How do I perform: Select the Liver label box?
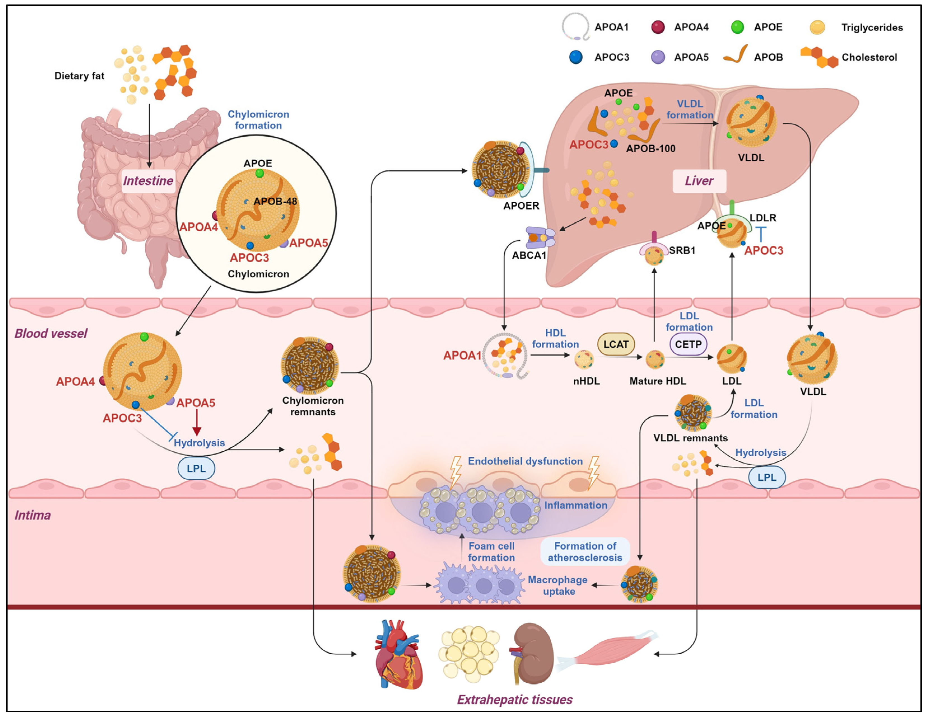point(699,181)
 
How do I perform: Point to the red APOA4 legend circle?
point(658,27)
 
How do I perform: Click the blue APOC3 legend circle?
point(576,57)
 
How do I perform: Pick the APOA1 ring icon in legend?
point(575,26)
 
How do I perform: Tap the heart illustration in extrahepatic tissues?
point(398,655)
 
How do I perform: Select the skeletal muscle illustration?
point(608,651)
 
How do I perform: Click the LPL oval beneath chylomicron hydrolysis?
point(196,468)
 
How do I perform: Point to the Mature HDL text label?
point(657,381)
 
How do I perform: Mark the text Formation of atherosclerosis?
point(585,551)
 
